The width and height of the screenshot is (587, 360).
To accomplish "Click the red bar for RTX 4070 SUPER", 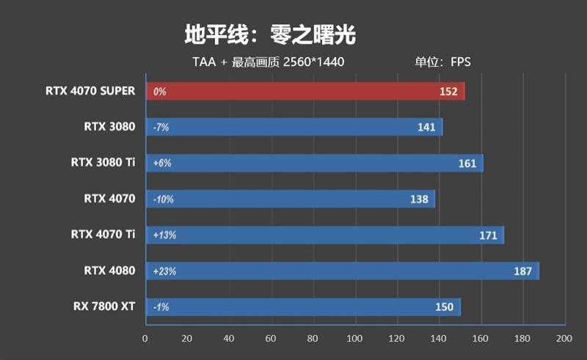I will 305,92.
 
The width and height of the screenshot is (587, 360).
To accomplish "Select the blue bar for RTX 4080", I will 343,271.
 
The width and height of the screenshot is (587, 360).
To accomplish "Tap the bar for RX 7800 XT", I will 304,306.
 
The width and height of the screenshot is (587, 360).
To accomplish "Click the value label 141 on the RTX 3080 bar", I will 427,128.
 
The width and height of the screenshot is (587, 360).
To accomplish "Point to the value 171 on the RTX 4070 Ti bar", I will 487,235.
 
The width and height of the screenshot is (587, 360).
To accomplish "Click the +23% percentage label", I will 164,271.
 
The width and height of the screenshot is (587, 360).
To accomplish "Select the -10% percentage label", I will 163,199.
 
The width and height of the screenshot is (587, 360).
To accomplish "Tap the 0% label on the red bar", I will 159,92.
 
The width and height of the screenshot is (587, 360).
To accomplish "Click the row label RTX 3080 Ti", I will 103,162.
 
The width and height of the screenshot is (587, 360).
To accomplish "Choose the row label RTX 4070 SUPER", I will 90,91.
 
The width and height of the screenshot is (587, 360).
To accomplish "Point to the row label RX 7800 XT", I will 103,306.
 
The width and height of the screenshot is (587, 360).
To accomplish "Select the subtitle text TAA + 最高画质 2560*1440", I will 269,62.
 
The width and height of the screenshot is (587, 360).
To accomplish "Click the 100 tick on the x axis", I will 354,339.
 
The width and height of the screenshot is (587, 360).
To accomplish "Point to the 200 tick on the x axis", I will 564,339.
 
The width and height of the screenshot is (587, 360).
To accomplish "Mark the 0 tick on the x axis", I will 145,339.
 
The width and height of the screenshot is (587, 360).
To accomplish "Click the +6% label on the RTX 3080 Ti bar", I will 162,164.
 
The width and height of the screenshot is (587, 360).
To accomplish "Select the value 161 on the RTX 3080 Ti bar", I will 467,164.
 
